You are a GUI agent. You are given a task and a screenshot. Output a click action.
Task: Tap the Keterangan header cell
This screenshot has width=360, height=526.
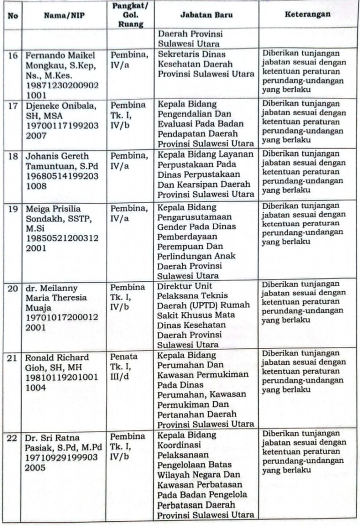pyautogui.click(x=307, y=14)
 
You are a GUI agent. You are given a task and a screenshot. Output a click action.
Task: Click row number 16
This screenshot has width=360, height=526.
pyautogui.click(x=13, y=55)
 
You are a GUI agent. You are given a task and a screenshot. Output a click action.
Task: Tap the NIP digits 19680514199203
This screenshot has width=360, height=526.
pyautogui.click(x=61, y=176)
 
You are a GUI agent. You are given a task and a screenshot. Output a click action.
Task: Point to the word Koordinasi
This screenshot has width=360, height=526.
pyautogui.click(x=179, y=444)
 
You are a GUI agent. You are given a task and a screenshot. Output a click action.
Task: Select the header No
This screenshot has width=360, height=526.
pyautogui.click(x=13, y=15)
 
